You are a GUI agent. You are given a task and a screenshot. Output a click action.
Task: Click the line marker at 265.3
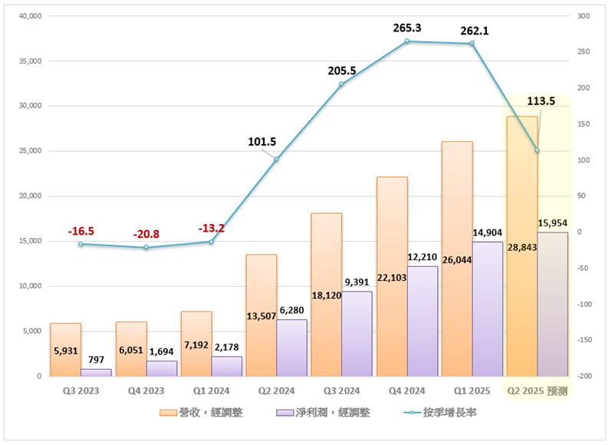(x=407, y=41)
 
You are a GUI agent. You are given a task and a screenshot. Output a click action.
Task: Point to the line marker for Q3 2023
(x=81, y=244)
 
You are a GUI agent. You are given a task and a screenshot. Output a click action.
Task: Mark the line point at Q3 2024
(x=342, y=84)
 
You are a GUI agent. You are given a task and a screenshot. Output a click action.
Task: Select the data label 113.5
(x=541, y=101)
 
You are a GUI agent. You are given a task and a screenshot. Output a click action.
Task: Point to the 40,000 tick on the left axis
(x=28, y=16)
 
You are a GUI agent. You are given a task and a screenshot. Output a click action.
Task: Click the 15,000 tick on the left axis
(x=28, y=242)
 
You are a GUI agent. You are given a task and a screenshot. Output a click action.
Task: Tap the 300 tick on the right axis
(x=583, y=16)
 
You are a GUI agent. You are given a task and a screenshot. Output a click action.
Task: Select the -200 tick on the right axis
(x=585, y=377)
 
